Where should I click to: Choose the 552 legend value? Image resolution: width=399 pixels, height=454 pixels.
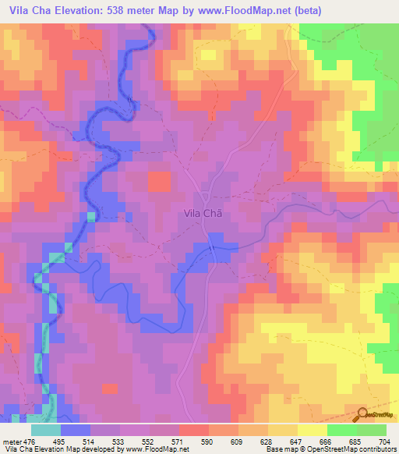pos(150,442)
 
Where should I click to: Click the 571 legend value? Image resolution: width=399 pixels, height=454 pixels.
pos(179,442)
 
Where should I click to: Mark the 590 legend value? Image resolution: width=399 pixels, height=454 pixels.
pos(209,442)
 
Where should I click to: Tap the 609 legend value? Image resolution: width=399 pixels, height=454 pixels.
pos(238,442)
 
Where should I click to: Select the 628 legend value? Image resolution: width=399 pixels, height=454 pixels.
pos(268,442)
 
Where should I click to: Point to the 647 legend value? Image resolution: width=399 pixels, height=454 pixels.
pos(298,442)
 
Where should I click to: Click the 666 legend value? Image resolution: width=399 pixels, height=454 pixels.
pos(327,442)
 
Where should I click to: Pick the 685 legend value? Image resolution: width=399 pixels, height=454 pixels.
pos(357,442)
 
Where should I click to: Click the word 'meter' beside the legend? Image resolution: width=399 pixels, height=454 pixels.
pos(12,442)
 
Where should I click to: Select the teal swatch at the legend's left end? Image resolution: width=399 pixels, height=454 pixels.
pos(45,430)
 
